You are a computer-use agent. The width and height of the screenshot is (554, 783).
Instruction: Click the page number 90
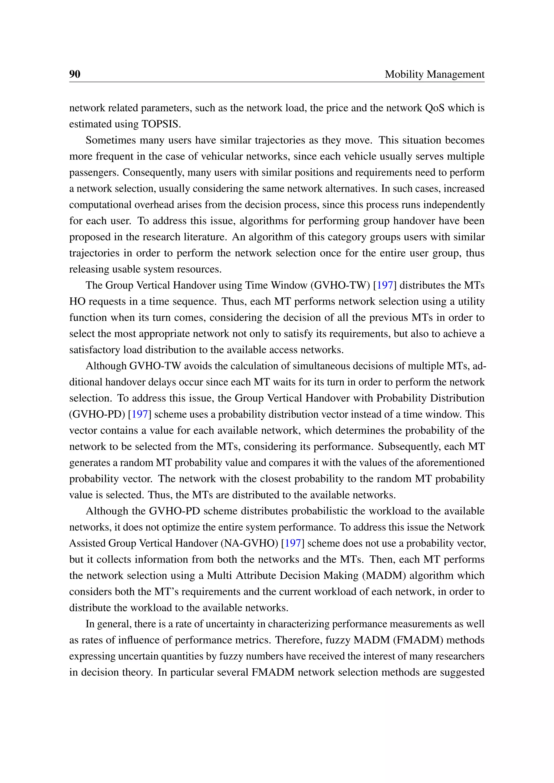click(x=75, y=74)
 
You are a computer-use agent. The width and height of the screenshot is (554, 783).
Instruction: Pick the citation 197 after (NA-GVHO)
click(x=293, y=543)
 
